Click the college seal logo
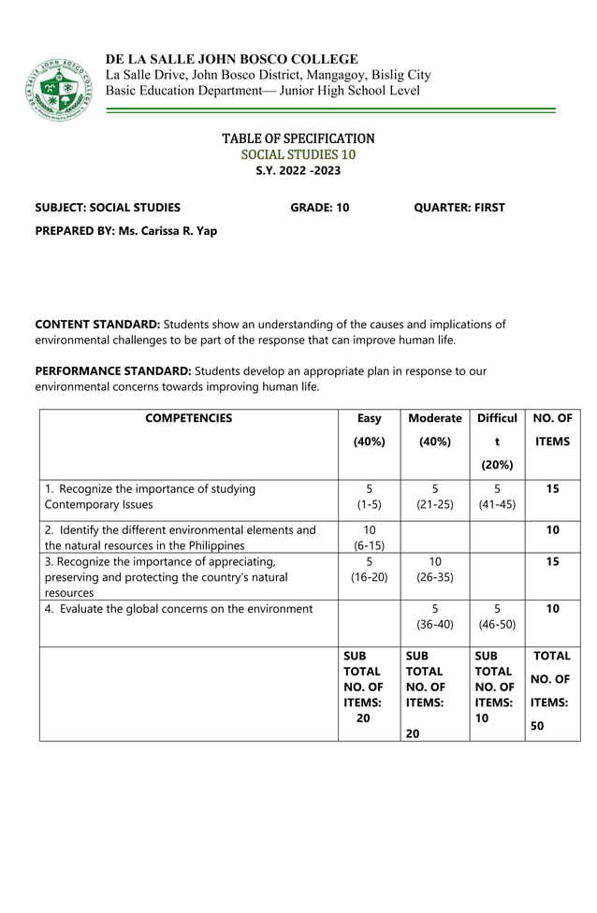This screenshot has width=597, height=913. coord(59,89)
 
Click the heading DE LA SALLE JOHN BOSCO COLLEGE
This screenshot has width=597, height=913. coord(231,59)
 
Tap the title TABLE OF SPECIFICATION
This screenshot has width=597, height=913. coord(298,138)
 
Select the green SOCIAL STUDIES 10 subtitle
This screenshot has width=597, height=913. coord(298,154)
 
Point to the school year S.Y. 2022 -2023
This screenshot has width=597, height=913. coord(298,170)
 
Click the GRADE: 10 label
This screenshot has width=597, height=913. coord(319,208)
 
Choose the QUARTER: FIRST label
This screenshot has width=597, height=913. coord(459,208)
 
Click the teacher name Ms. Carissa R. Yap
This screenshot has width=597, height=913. coord(167,230)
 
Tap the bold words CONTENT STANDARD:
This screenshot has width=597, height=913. coord(97,325)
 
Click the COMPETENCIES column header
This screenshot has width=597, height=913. coord(188,418)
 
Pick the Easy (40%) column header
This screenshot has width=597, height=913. coord(369,429)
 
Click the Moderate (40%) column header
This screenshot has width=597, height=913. coord(435,429)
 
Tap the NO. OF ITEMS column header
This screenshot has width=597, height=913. coord(552,429)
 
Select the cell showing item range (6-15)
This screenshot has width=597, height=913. coord(369,545)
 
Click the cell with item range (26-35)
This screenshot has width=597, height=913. coord(435,577)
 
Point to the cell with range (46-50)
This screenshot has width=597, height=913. coord(497,624)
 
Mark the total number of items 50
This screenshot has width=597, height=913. coord(538,725)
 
